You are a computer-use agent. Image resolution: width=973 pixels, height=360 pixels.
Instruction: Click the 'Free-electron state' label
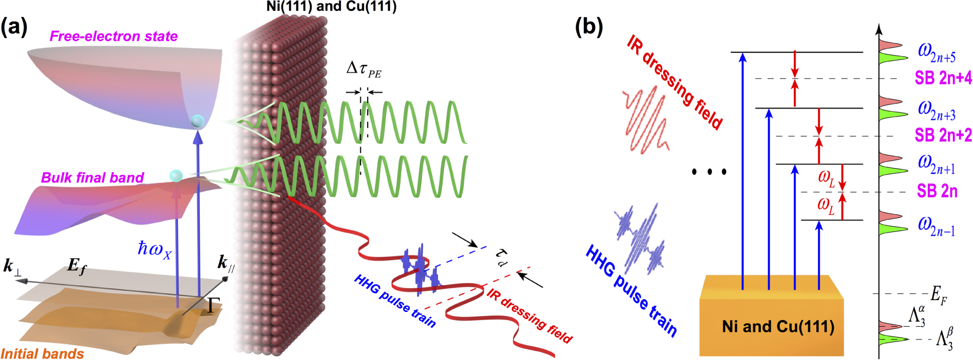pos(114,36)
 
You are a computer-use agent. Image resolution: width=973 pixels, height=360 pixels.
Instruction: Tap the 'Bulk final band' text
pos(92,178)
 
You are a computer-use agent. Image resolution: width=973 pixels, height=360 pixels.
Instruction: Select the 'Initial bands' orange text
pos(42,353)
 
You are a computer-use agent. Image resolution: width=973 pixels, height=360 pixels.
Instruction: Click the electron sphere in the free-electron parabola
pos(197,122)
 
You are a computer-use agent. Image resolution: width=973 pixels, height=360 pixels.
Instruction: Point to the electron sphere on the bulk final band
pos(176,176)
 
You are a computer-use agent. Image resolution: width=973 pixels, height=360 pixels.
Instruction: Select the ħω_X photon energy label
pos(154,249)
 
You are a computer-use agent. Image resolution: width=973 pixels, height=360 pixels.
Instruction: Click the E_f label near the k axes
pos(77,266)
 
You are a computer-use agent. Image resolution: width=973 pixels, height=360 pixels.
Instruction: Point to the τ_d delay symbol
pos(502,257)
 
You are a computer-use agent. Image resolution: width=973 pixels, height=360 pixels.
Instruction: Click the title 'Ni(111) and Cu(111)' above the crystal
pos(331,7)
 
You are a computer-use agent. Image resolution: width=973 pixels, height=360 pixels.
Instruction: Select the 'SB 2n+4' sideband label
pos(943,78)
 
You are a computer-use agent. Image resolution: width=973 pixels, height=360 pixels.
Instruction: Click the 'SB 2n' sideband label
pos(937,191)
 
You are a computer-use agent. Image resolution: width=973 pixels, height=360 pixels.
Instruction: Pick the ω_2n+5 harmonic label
pos(936,52)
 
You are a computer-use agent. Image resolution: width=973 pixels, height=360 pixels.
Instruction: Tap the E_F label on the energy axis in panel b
pos(938,295)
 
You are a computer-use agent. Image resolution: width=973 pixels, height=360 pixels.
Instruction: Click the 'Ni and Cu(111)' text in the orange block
pos(778,326)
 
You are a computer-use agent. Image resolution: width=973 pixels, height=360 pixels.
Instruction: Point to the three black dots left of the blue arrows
pos(709,172)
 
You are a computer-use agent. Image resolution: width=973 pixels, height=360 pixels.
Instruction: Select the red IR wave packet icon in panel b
pos(644,119)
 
